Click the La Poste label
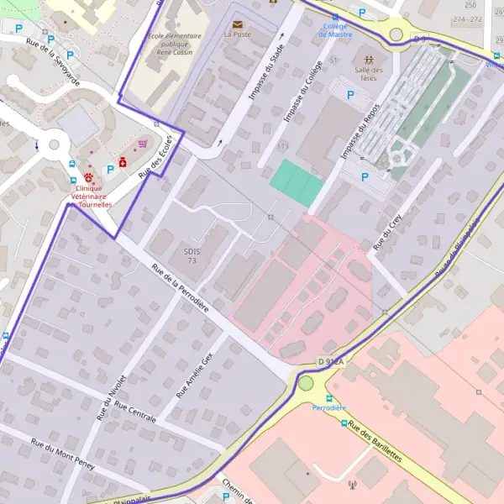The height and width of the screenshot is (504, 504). (237, 35)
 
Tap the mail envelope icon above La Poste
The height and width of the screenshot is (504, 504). (237, 24)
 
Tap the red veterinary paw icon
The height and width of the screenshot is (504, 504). (88, 178)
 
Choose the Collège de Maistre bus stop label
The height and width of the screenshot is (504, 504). (336, 30)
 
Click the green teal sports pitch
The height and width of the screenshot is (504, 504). (297, 182)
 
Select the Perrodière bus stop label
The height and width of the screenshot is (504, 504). (328, 407)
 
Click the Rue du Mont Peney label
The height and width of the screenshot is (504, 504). (62, 454)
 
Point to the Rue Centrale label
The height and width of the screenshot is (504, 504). (135, 414)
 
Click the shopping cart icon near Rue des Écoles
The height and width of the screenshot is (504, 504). (143, 144)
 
